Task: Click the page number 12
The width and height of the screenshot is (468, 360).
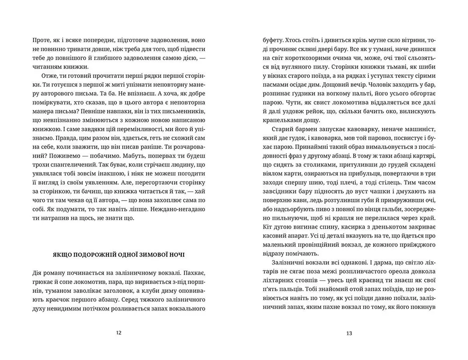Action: [119, 333]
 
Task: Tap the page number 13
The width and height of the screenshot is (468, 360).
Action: [349, 333]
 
